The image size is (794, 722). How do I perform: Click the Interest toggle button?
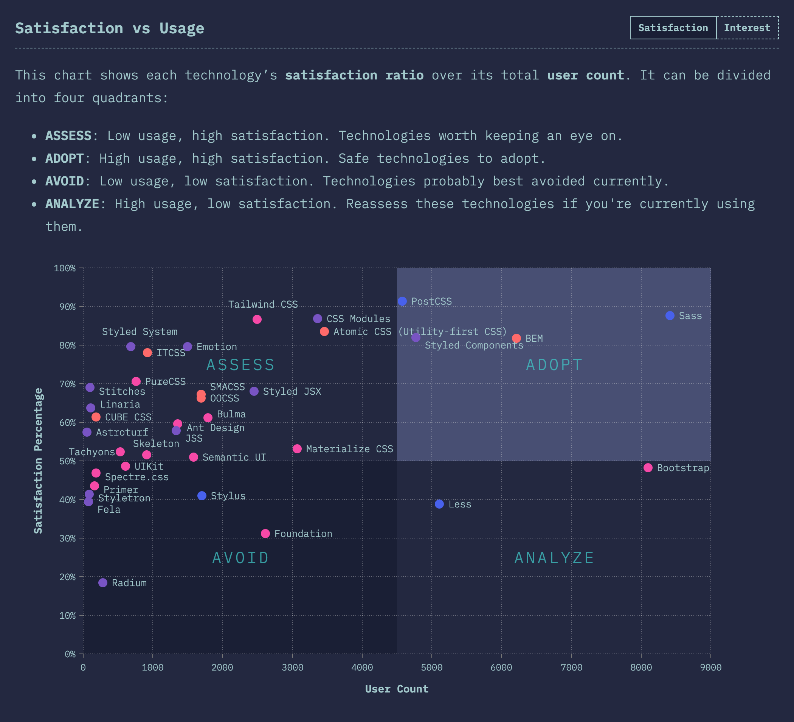[x=747, y=28]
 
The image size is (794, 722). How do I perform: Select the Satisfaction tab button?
[x=673, y=28]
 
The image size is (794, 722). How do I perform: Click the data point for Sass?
[x=670, y=316]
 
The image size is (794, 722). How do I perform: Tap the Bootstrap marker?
[x=648, y=468]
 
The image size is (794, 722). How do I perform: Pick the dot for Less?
[x=439, y=504]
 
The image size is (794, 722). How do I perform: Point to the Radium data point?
[x=103, y=582]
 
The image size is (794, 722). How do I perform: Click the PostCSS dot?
[x=402, y=301]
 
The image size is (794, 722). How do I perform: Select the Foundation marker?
[x=265, y=533]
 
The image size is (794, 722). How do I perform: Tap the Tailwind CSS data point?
[x=257, y=319]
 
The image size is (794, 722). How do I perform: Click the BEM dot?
[x=516, y=338]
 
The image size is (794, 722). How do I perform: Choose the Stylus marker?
[x=202, y=495]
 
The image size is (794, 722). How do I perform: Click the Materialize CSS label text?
[x=349, y=449]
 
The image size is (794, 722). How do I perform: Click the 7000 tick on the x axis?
[x=571, y=668]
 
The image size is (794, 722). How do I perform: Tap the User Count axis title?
[x=397, y=689]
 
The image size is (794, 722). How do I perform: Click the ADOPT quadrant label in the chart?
[x=554, y=364]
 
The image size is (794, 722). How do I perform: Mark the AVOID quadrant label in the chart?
[x=240, y=558]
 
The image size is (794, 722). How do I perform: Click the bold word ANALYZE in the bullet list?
[x=72, y=204]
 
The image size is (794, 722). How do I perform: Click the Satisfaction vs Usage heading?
[x=110, y=28]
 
